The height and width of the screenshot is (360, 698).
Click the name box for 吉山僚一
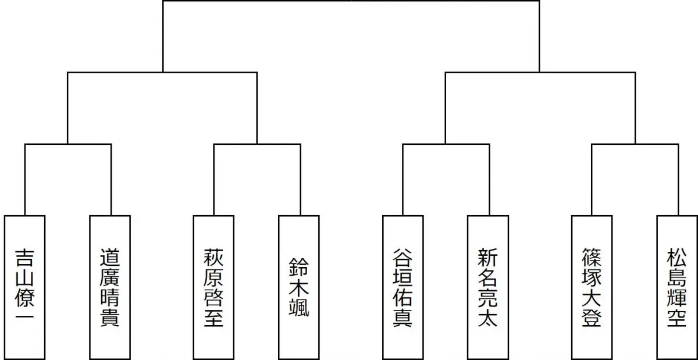(x=24, y=287)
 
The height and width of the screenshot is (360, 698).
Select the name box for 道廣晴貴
(x=110, y=287)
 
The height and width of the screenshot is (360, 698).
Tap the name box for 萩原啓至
(x=213, y=287)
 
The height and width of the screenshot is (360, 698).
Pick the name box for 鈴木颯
(x=299, y=287)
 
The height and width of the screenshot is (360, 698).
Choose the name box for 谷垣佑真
(x=403, y=287)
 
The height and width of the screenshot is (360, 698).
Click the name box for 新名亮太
(x=488, y=287)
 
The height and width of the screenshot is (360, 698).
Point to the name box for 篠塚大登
(x=592, y=287)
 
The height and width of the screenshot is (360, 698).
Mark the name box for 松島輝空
(x=677, y=287)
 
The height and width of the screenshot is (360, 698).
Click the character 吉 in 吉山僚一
(x=24, y=257)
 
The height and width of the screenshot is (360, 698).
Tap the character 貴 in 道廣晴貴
(x=110, y=318)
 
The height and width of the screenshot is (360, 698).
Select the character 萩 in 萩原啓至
(x=213, y=257)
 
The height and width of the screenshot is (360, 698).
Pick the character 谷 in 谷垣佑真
(x=403, y=257)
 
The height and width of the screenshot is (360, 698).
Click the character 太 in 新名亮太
(x=488, y=318)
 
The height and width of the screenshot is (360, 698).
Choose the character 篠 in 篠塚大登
(x=592, y=257)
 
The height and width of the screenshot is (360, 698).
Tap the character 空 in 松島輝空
(x=677, y=318)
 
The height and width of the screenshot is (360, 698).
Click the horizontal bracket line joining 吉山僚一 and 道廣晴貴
(x=67, y=144)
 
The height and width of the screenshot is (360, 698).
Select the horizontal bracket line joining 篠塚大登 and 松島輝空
(x=635, y=144)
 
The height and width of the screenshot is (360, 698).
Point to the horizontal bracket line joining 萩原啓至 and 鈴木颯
(x=257, y=144)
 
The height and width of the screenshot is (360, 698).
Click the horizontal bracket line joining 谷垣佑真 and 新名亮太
(x=446, y=144)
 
